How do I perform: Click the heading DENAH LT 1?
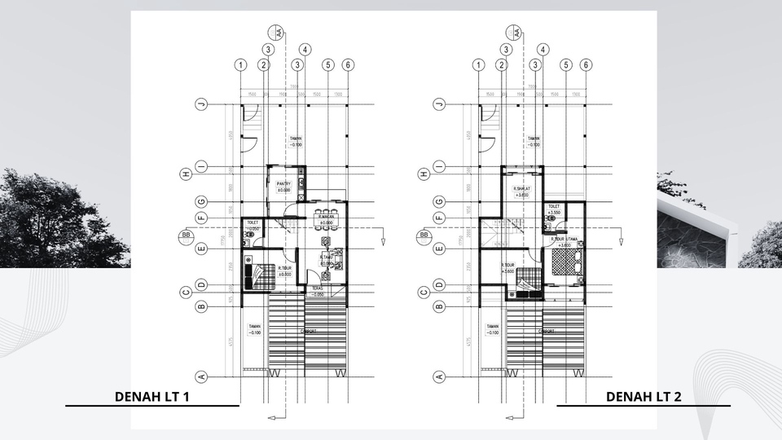click(152, 397)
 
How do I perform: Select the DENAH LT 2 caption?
click(644, 397)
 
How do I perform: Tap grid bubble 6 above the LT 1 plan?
click(348, 65)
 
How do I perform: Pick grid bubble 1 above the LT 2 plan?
click(478, 65)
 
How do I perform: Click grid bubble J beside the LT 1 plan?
click(200, 104)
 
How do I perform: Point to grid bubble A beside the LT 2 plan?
click(439, 376)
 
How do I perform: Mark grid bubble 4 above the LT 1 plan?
click(305, 49)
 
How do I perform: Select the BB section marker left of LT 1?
click(185, 236)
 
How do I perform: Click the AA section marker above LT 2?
click(516, 33)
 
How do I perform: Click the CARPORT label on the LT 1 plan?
click(309, 332)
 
